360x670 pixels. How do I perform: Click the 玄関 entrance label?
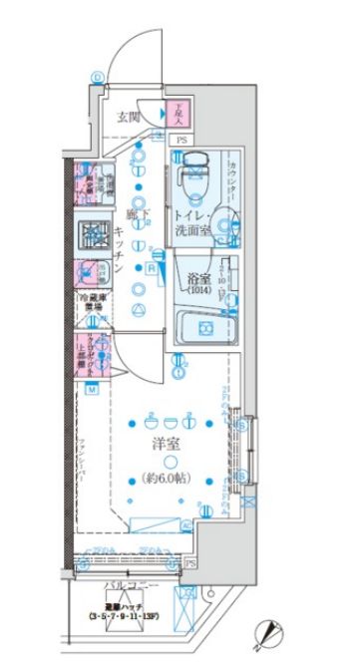(128, 118)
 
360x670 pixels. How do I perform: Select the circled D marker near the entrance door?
(97, 76)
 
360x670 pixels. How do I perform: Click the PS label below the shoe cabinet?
(181, 141)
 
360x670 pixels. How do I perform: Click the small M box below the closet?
(92, 390)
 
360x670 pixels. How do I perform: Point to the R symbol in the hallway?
(151, 266)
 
